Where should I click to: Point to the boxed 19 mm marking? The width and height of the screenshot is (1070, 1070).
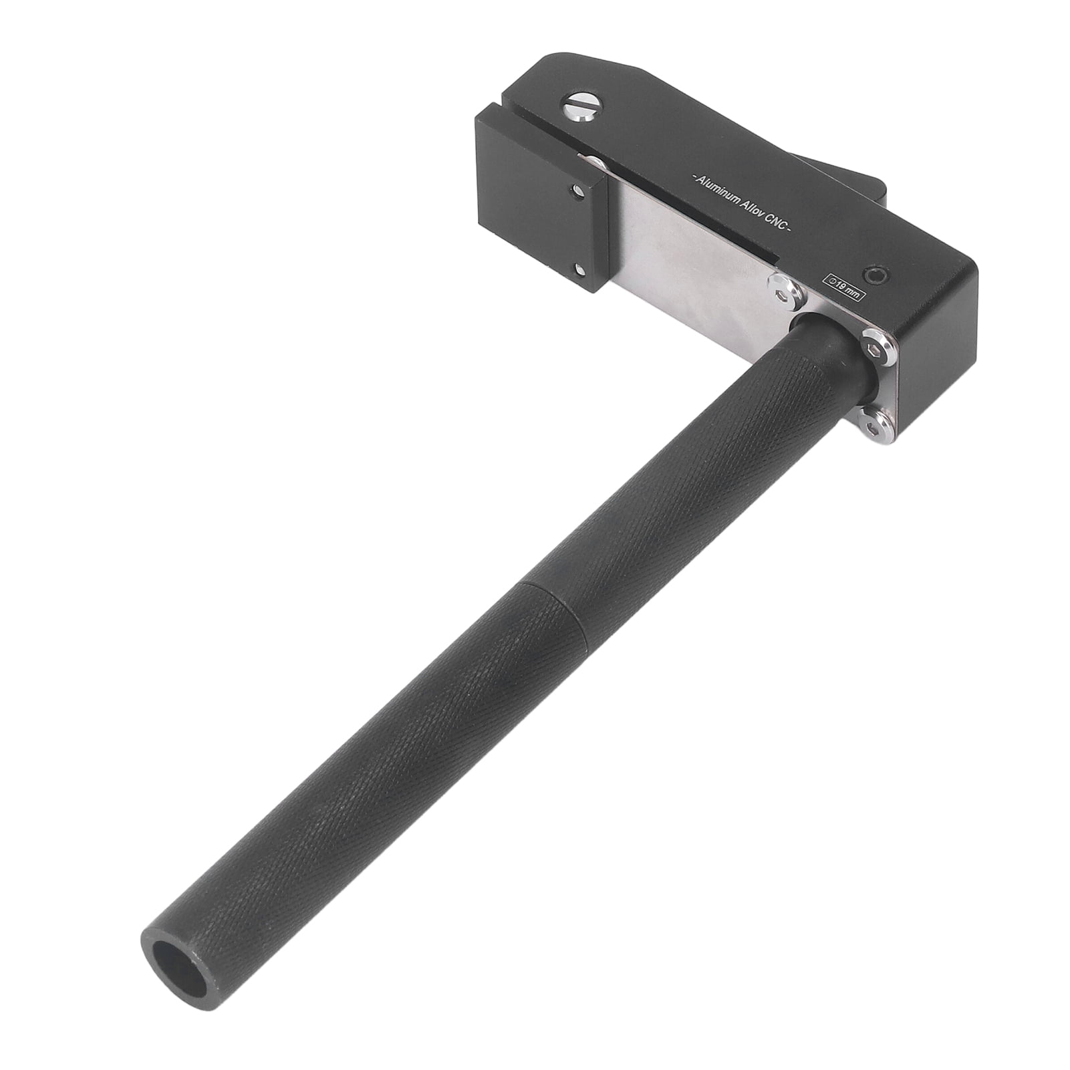tap(845, 283)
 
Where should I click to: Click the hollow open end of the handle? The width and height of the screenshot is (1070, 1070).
tap(169, 958)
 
